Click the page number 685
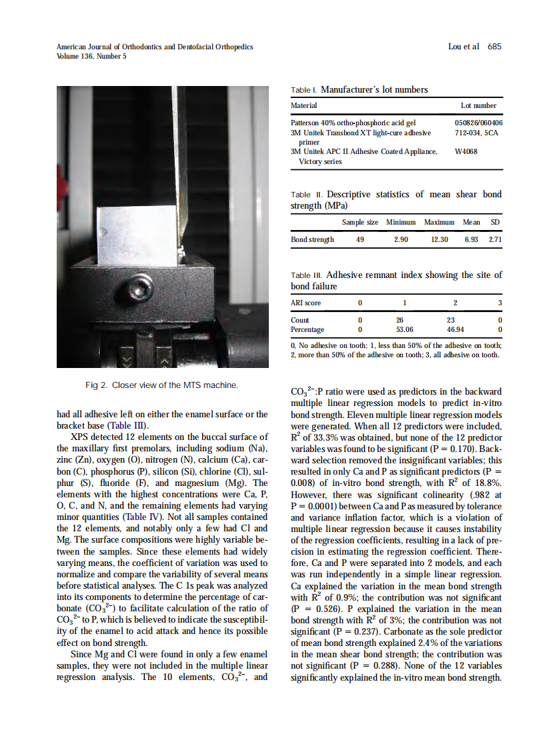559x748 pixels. point(494,47)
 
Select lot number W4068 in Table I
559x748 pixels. point(466,151)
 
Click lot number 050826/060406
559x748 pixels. point(478,123)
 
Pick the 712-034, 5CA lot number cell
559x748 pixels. point(476,133)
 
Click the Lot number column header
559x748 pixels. point(478,105)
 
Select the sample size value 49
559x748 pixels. point(360,239)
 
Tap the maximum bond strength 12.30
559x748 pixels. point(439,239)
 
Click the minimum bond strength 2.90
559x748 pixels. point(401,239)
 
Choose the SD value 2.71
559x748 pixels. point(495,239)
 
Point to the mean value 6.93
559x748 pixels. point(471,239)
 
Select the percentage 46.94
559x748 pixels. point(455,329)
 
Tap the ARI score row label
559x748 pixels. point(306,303)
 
